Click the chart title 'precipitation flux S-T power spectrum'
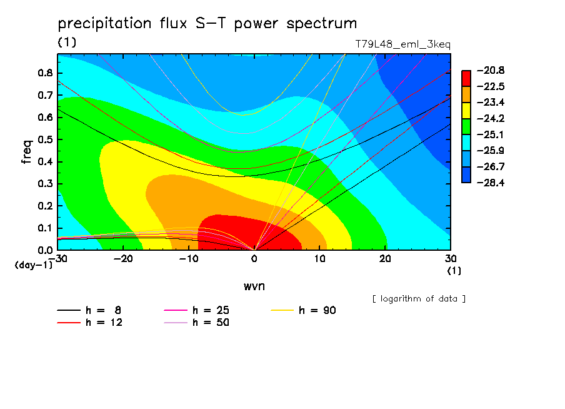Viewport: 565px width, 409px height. coord(207,24)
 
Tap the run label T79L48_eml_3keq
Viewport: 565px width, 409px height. coord(403,44)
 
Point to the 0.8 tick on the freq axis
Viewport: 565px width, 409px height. coord(46,73)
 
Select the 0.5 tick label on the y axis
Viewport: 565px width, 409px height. coord(46,139)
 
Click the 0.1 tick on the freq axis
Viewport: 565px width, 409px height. coord(46,228)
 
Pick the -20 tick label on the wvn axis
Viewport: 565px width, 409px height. coord(123,259)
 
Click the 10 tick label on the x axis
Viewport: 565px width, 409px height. coord(319,259)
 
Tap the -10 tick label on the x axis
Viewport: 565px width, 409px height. coord(189,259)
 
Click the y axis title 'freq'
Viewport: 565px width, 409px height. coord(27,152)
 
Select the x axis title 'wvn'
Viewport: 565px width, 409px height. coord(254,286)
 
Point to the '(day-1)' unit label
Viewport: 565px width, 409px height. coord(33,265)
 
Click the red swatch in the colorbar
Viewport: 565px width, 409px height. coord(466,78)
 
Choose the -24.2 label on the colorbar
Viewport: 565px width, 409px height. coord(491,118)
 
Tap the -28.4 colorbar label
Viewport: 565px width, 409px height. coord(491,183)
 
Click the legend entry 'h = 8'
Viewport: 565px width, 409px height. coord(89,310)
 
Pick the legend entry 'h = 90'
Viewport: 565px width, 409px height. coord(303,310)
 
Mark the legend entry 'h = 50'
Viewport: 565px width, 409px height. coord(196,322)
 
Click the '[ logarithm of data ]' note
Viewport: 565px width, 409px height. coord(419,299)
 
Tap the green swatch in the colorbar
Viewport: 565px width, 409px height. coord(466,126)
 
